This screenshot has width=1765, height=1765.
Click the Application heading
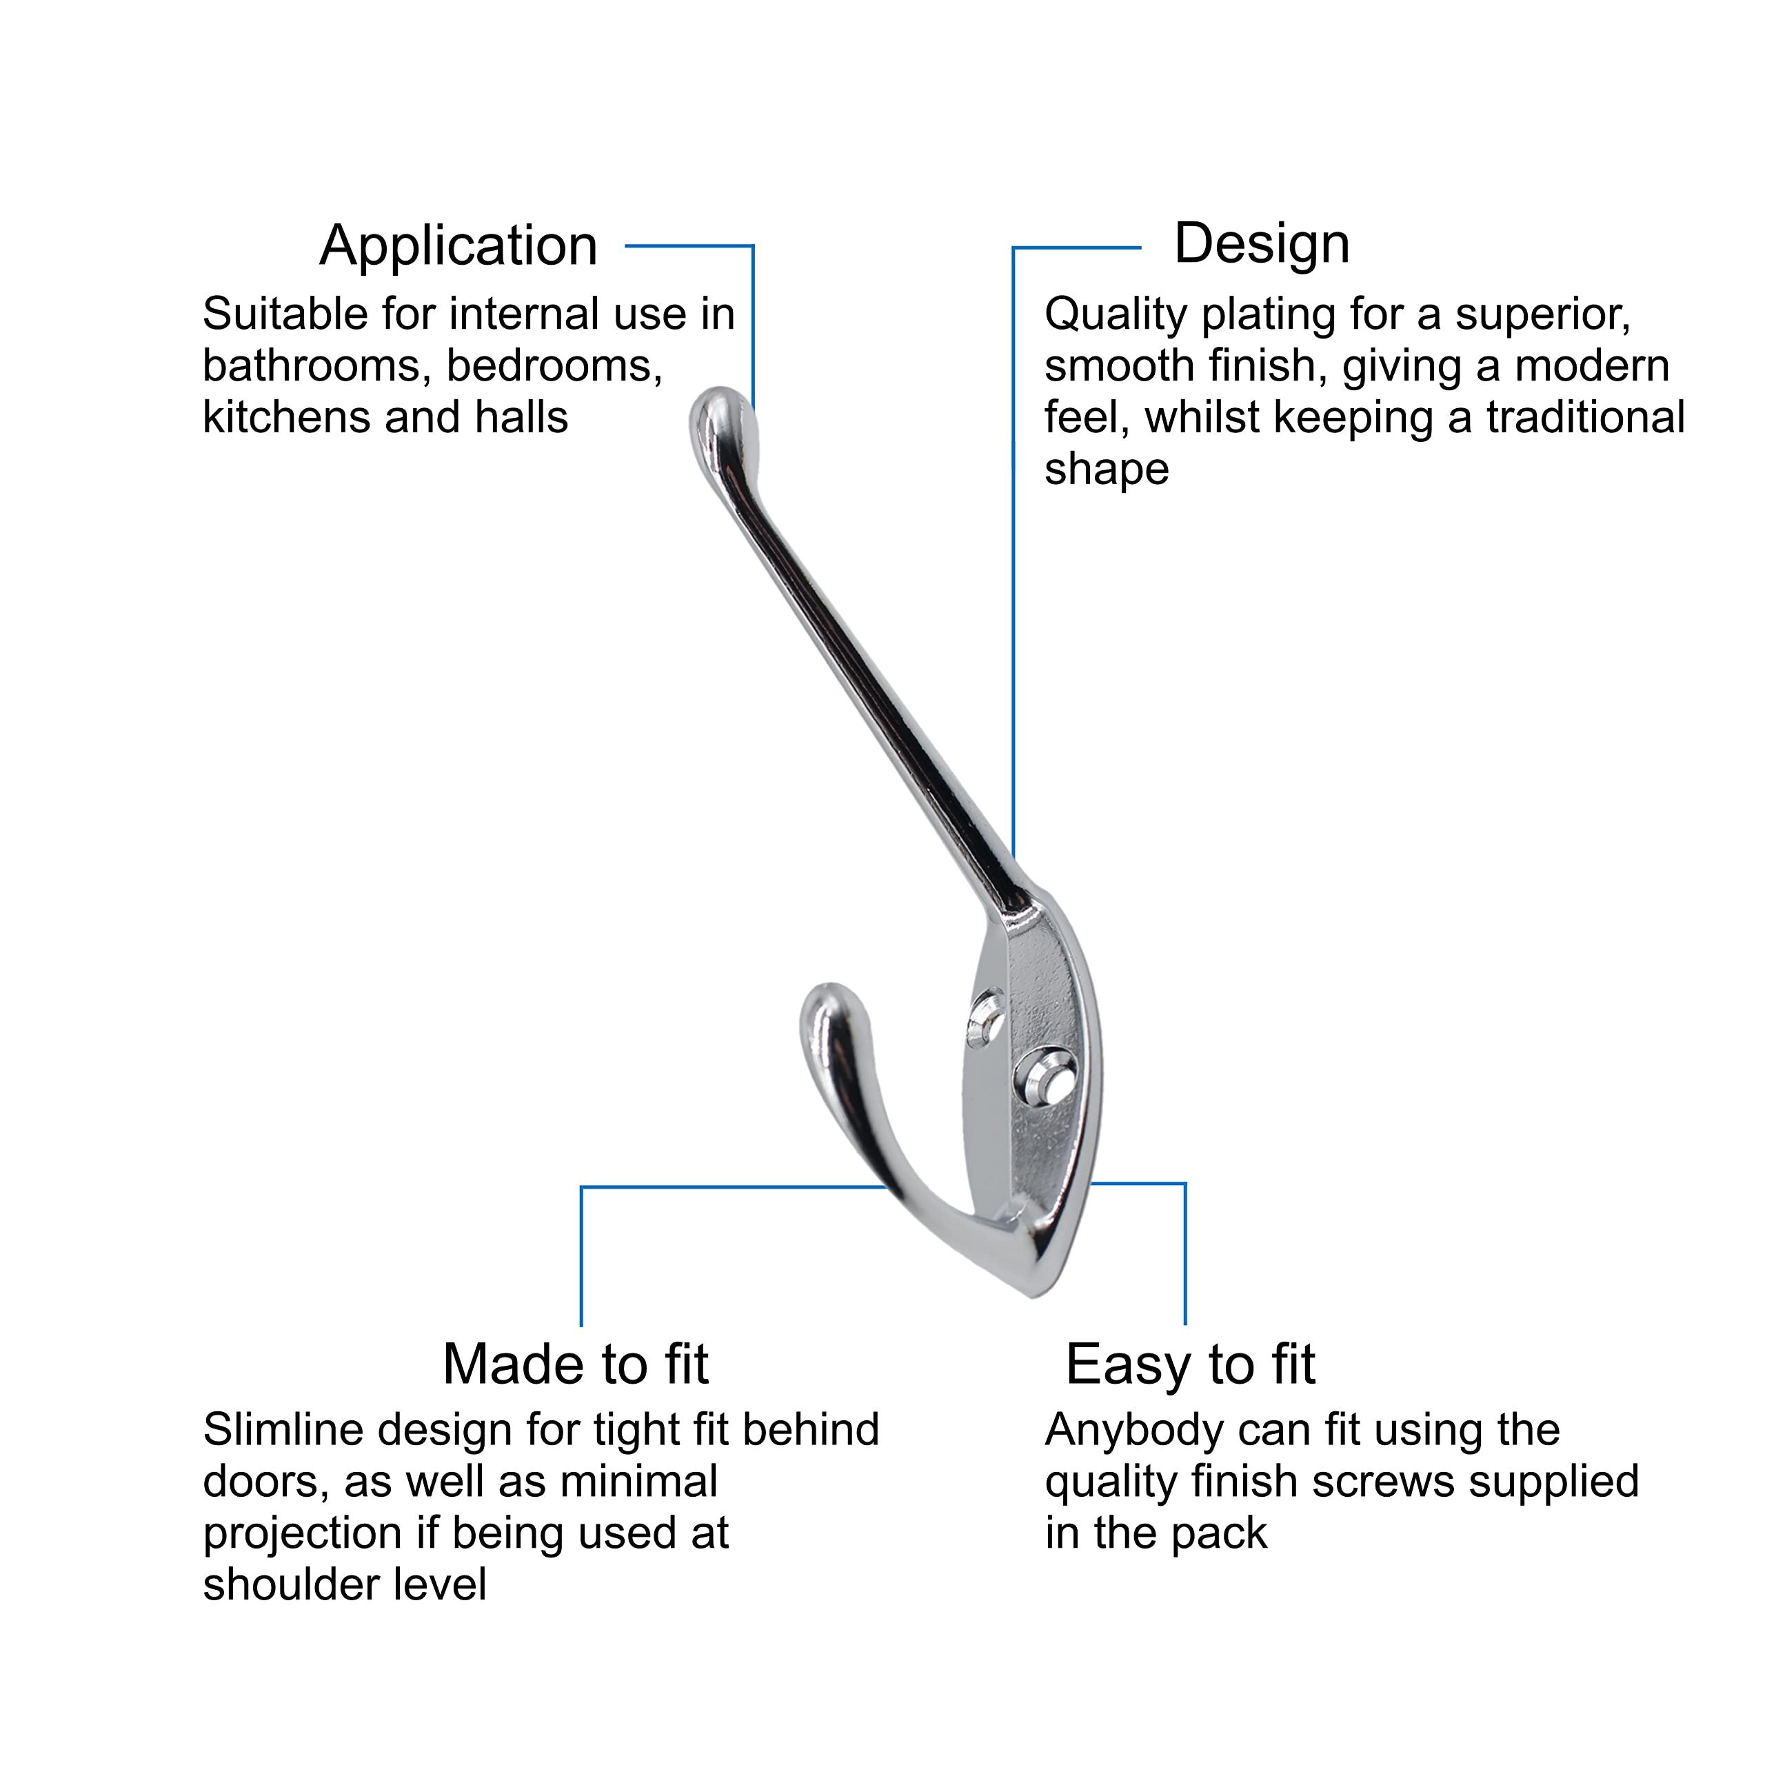(x=458, y=247)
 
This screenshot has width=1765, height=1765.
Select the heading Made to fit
(x=576, y=1365)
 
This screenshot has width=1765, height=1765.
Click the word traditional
(x=1585, y=418)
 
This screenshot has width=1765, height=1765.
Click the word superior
(x=1543, y=316)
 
